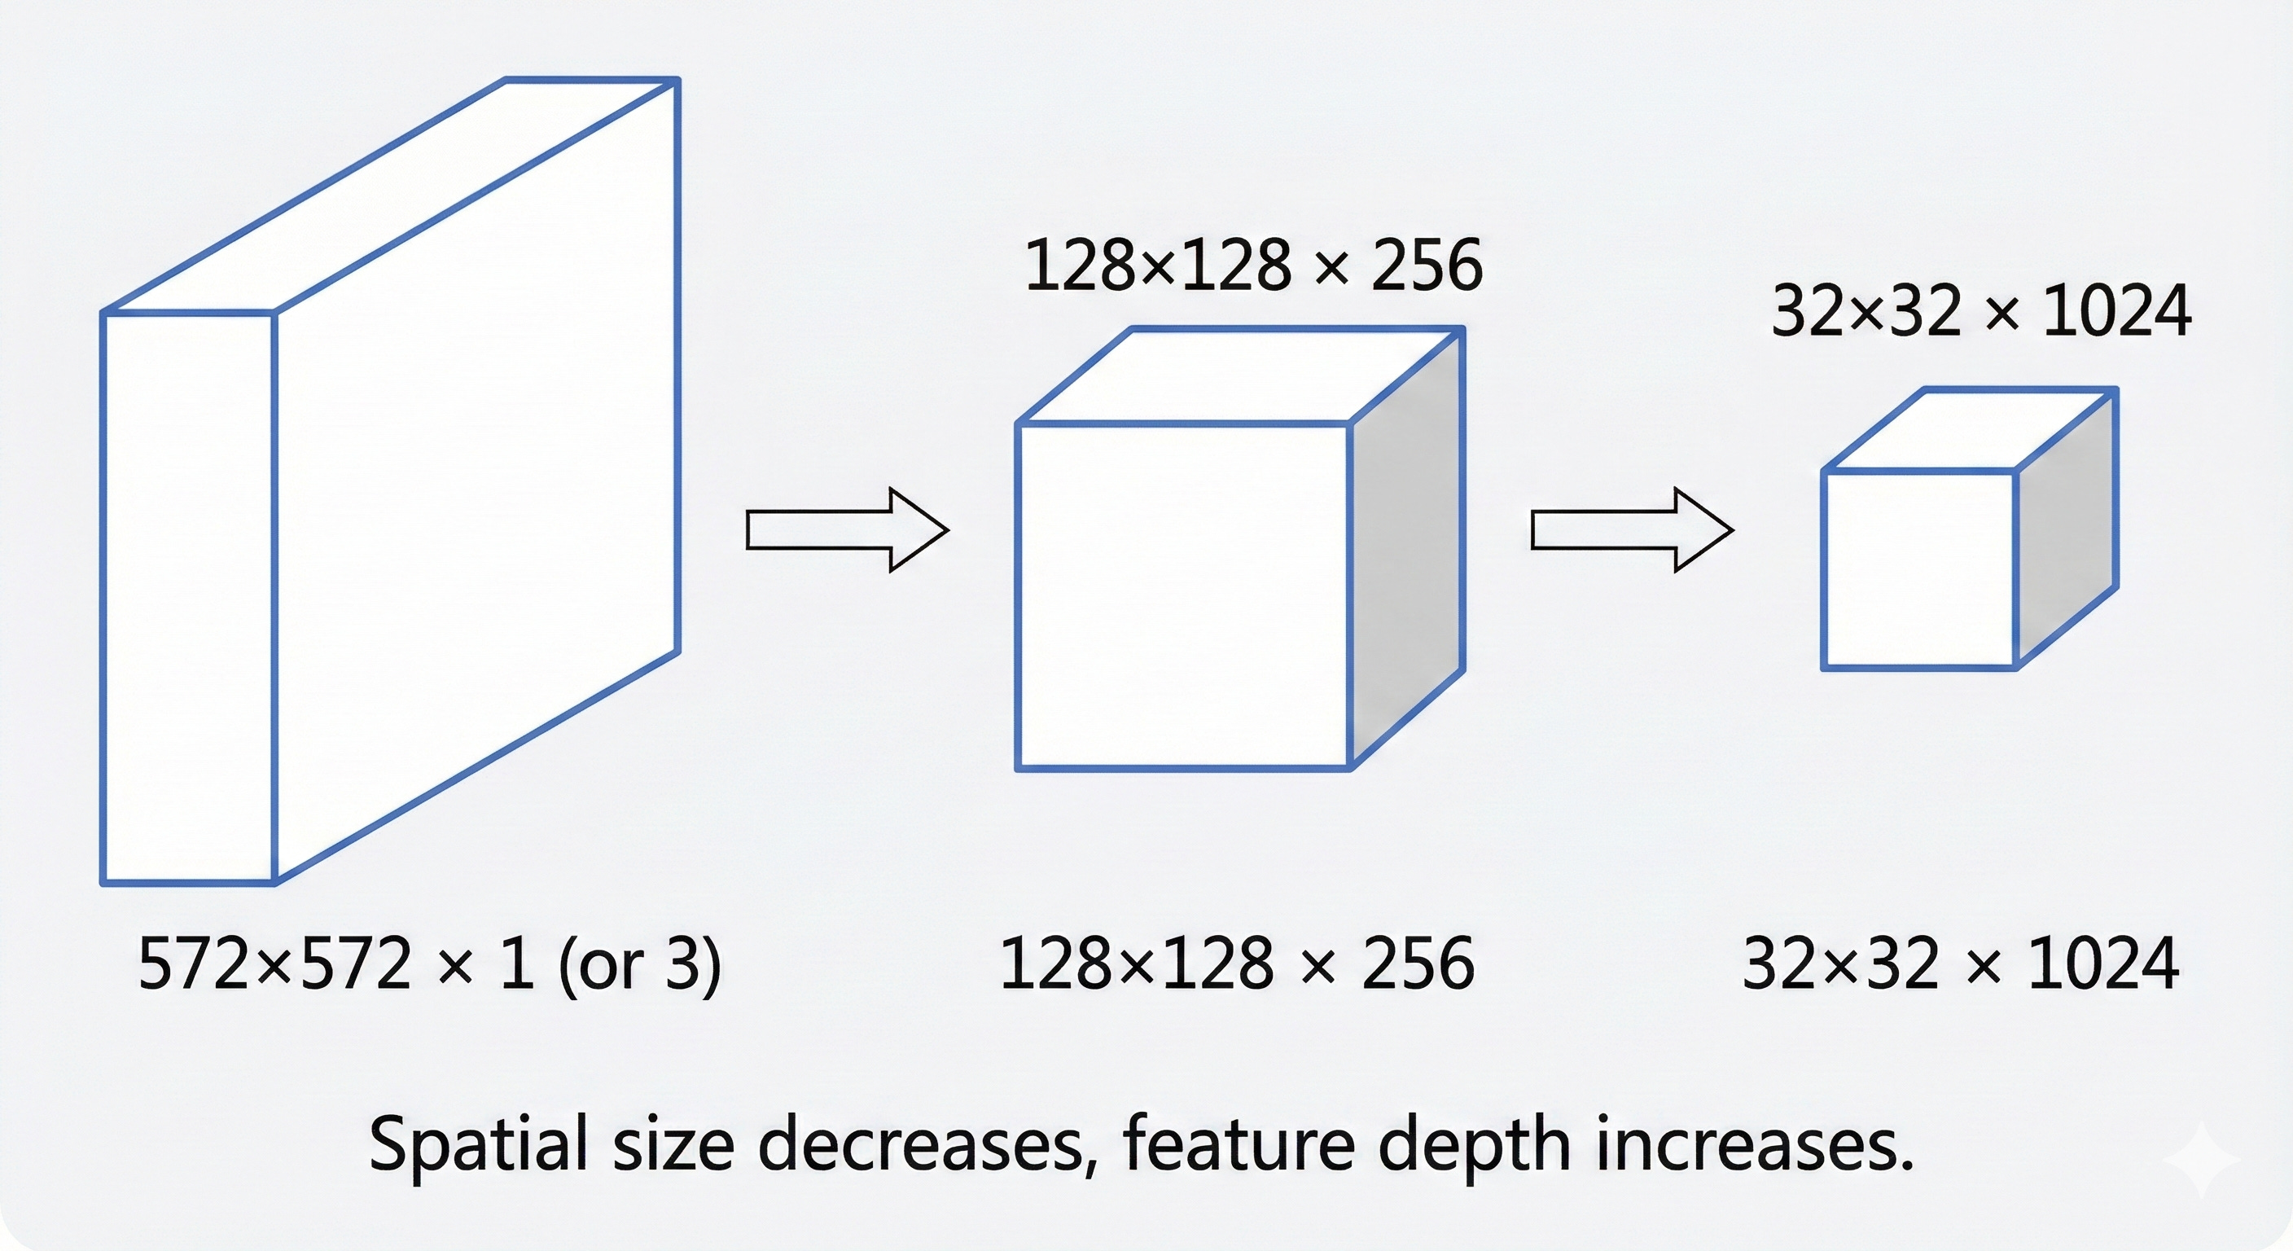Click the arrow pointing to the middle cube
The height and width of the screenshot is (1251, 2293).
click(846, 529)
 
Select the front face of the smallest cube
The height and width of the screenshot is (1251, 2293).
click(1919, 570)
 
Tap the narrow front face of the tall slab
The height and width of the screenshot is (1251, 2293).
click(188, 596)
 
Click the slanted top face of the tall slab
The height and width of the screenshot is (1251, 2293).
click(392, 196)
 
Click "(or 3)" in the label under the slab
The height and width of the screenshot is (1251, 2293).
click(639, 963)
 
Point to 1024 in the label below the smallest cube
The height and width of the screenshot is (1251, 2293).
click(2104, 963)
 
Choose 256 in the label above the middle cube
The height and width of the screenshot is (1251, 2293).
click(1427, 266)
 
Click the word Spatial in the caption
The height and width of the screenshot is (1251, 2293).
click(478, 1144)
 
